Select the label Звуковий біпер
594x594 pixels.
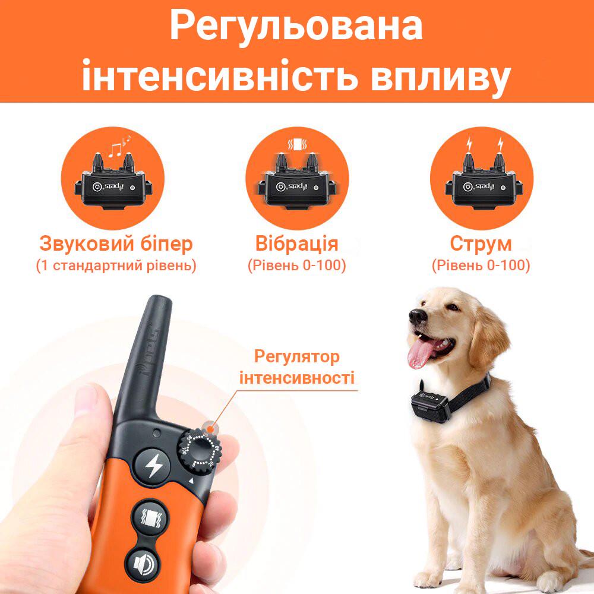coord(116,244)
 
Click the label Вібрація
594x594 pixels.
coord(296,244)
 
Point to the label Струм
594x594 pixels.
coord(481,244)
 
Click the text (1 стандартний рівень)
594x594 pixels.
coord(116,265)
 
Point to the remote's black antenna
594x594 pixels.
coord(149,356)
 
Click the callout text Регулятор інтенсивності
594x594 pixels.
coord(296,367)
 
